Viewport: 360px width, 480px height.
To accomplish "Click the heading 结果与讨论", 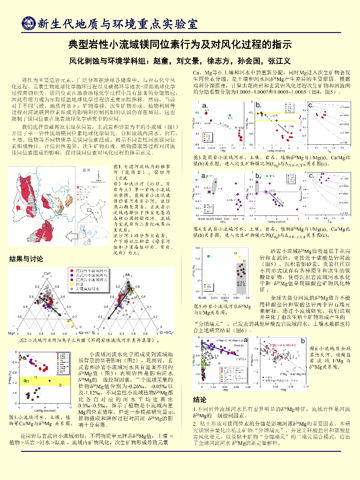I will pyautogui.click(x=26, y=259).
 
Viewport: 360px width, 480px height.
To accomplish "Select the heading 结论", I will pyautogui.click(x=199, y=400).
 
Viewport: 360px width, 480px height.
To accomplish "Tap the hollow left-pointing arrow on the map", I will pyautogui.click(x=71, y=237).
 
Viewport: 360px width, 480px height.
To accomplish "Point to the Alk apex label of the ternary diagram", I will pyautogui.click(x=127, y=275).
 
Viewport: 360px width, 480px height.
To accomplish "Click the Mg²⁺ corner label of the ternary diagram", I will pyautogui.click(x=11, y=333).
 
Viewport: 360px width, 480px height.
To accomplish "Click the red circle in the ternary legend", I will pyautogui.click(x=72, y=271).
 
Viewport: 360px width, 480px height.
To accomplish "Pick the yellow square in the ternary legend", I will pyautogui.click(x=72, y=284).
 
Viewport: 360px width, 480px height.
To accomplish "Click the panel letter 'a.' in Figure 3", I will pyautogui.click(x=205, y=106).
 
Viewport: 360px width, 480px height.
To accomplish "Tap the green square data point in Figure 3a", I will pyautogui.click(x=230, y=115).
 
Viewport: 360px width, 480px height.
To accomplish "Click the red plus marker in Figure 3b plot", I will pyautogui.click(x=277, y=121).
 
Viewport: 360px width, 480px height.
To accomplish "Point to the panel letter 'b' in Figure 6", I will pyautogui.click(x=303, y=341).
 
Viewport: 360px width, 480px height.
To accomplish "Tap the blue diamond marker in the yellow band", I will pyautogui.click(x=49, y=381).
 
